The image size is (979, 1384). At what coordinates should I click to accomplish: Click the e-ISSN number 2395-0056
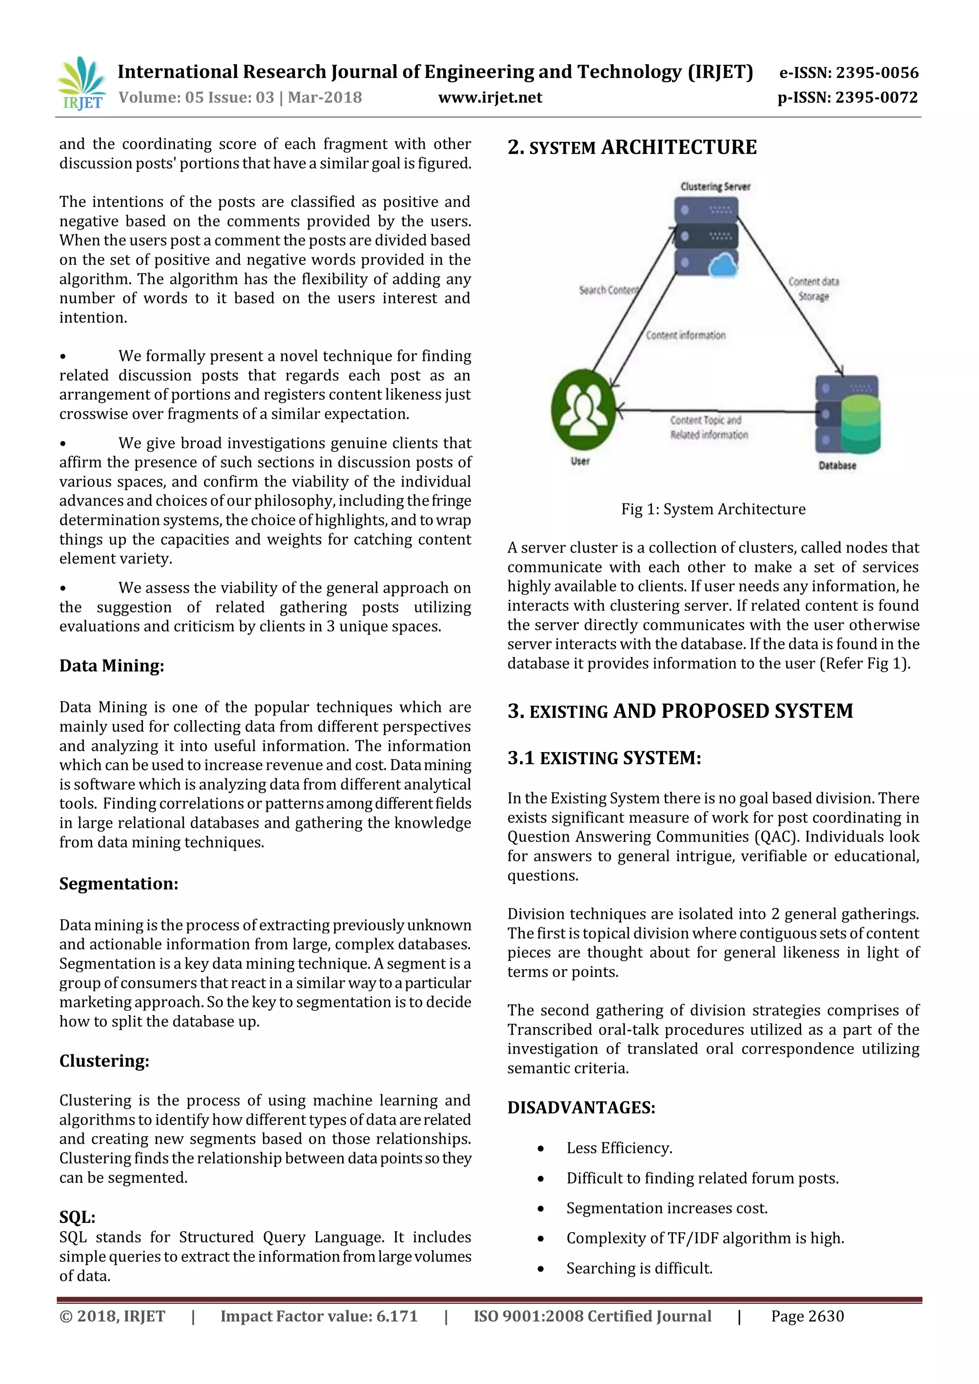849,73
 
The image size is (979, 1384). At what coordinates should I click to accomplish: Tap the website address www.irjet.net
490,97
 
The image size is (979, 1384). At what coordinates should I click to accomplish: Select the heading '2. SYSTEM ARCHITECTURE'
632,148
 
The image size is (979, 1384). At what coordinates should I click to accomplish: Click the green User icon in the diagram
583,410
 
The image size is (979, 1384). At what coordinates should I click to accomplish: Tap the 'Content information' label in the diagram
685,335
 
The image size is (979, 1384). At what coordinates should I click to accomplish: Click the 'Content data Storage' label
814,289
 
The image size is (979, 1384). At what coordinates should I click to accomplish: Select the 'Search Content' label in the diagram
608,290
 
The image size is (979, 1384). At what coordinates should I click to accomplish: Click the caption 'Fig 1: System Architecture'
713,509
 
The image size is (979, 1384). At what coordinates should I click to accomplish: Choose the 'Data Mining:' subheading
111,666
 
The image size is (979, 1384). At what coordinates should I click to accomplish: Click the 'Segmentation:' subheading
119,884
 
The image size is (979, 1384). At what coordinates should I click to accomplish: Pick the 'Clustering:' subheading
104,1061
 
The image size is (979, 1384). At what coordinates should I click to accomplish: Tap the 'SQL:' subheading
77,1217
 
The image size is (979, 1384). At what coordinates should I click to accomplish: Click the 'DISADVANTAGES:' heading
581,1107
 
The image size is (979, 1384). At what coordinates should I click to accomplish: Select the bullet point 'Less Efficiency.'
619,1148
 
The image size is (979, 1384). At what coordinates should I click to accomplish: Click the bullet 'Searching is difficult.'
639,1268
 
